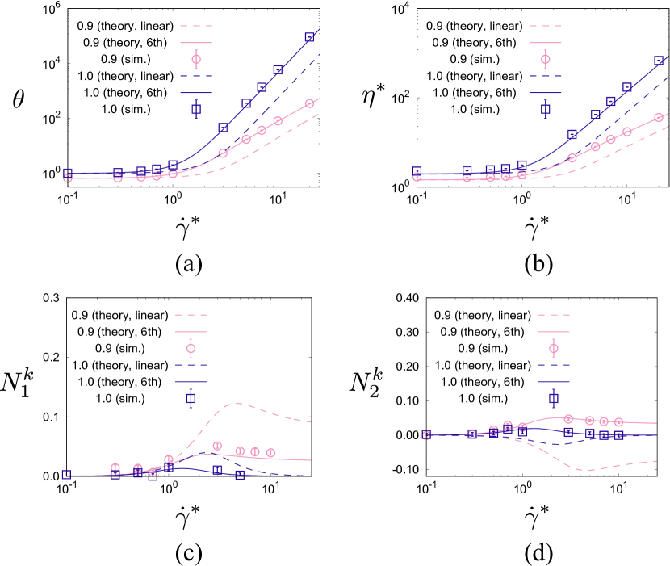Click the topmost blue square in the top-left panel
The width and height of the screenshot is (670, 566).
click(309, 37)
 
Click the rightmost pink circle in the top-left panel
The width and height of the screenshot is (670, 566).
click(309, 103)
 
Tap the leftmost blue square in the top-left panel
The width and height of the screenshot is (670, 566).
click(68, 173)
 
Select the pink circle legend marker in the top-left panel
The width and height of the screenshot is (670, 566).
click(196, 59)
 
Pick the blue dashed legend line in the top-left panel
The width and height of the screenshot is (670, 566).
click(196, 77)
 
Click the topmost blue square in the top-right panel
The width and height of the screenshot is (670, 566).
click(659, 61)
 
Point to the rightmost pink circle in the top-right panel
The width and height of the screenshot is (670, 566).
click(659, 117)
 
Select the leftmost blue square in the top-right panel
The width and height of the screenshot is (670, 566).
click(417, 171)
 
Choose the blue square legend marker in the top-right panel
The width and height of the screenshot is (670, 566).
click(546, 109)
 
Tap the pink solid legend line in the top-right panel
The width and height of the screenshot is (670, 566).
click(546, 43)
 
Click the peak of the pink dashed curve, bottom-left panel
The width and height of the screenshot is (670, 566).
click(237, 402)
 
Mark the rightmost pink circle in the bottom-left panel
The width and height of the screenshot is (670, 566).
click(270, 453)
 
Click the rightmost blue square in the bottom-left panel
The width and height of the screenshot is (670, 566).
click(240, 475)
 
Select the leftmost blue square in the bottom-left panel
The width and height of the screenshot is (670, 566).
click(66, 474)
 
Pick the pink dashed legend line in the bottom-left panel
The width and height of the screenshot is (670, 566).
click(191, 315)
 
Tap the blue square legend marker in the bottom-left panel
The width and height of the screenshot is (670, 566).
click(191, 398)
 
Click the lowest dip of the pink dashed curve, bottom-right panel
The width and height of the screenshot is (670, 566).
click(590, 470)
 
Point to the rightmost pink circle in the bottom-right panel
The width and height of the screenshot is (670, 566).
click(618, 421)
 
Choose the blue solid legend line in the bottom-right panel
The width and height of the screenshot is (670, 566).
click(554, 382)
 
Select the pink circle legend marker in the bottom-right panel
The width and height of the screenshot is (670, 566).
click(554, 348)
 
